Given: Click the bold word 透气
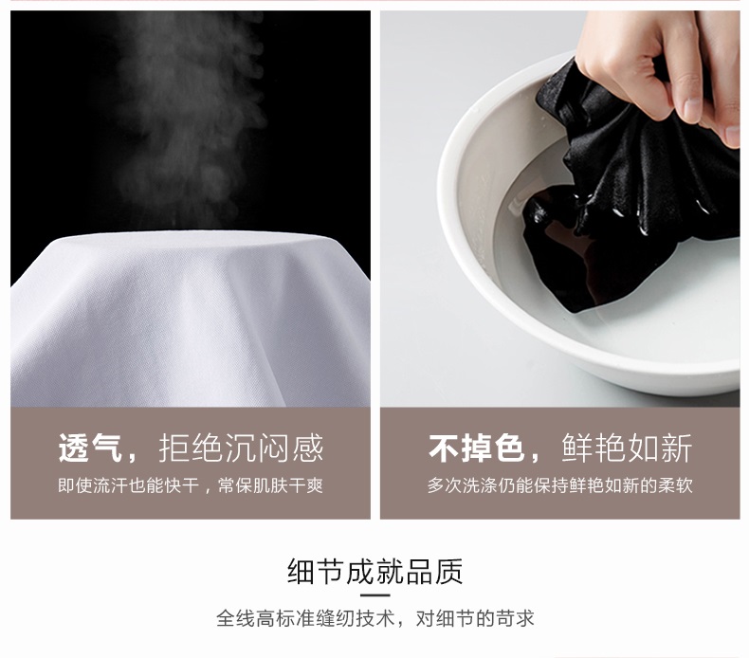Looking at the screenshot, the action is point(90,448).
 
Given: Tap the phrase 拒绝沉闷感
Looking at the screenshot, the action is point(241,448).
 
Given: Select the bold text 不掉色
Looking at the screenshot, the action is point(476,448).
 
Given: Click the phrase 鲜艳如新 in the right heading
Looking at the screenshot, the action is point(627,448).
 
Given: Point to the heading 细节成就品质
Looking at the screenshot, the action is point(375,571).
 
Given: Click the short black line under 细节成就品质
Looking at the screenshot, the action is point(375,594).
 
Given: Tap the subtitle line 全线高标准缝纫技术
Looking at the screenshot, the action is point(305,618).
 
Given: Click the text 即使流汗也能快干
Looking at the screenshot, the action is point(128,485).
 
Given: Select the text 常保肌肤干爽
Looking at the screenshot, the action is point(270,485).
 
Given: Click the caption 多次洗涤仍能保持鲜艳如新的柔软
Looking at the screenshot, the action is point(559,485).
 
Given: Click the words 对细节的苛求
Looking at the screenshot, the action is point(475,618).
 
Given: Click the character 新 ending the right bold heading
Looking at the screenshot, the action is point(677,448).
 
